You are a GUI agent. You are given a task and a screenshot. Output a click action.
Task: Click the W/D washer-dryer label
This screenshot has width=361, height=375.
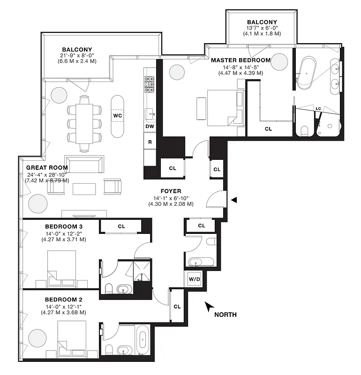(x=194, y=280)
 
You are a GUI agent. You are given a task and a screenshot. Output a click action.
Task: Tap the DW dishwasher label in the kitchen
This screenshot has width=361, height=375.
(x=150, y=126)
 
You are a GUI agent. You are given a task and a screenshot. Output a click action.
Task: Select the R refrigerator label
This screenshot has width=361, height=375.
(x=150, y=142)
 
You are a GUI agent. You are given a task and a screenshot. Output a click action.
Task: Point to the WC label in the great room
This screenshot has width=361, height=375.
(x=117, y=115)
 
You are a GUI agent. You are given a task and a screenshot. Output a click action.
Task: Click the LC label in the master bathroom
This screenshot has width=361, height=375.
(x=318, y=109)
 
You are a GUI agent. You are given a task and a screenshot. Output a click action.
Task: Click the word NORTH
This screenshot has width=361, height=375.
(x=225, y=315)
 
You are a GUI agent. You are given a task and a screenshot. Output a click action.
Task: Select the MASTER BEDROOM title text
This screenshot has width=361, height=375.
(x=241, y=60)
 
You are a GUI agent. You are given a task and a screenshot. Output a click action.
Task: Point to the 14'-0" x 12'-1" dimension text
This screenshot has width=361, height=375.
(x=63, y=306)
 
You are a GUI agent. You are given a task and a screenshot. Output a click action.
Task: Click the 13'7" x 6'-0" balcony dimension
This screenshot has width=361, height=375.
(x=262, y=28)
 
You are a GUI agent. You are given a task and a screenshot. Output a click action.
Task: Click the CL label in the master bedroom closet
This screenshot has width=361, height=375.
(x=268, y=128)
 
